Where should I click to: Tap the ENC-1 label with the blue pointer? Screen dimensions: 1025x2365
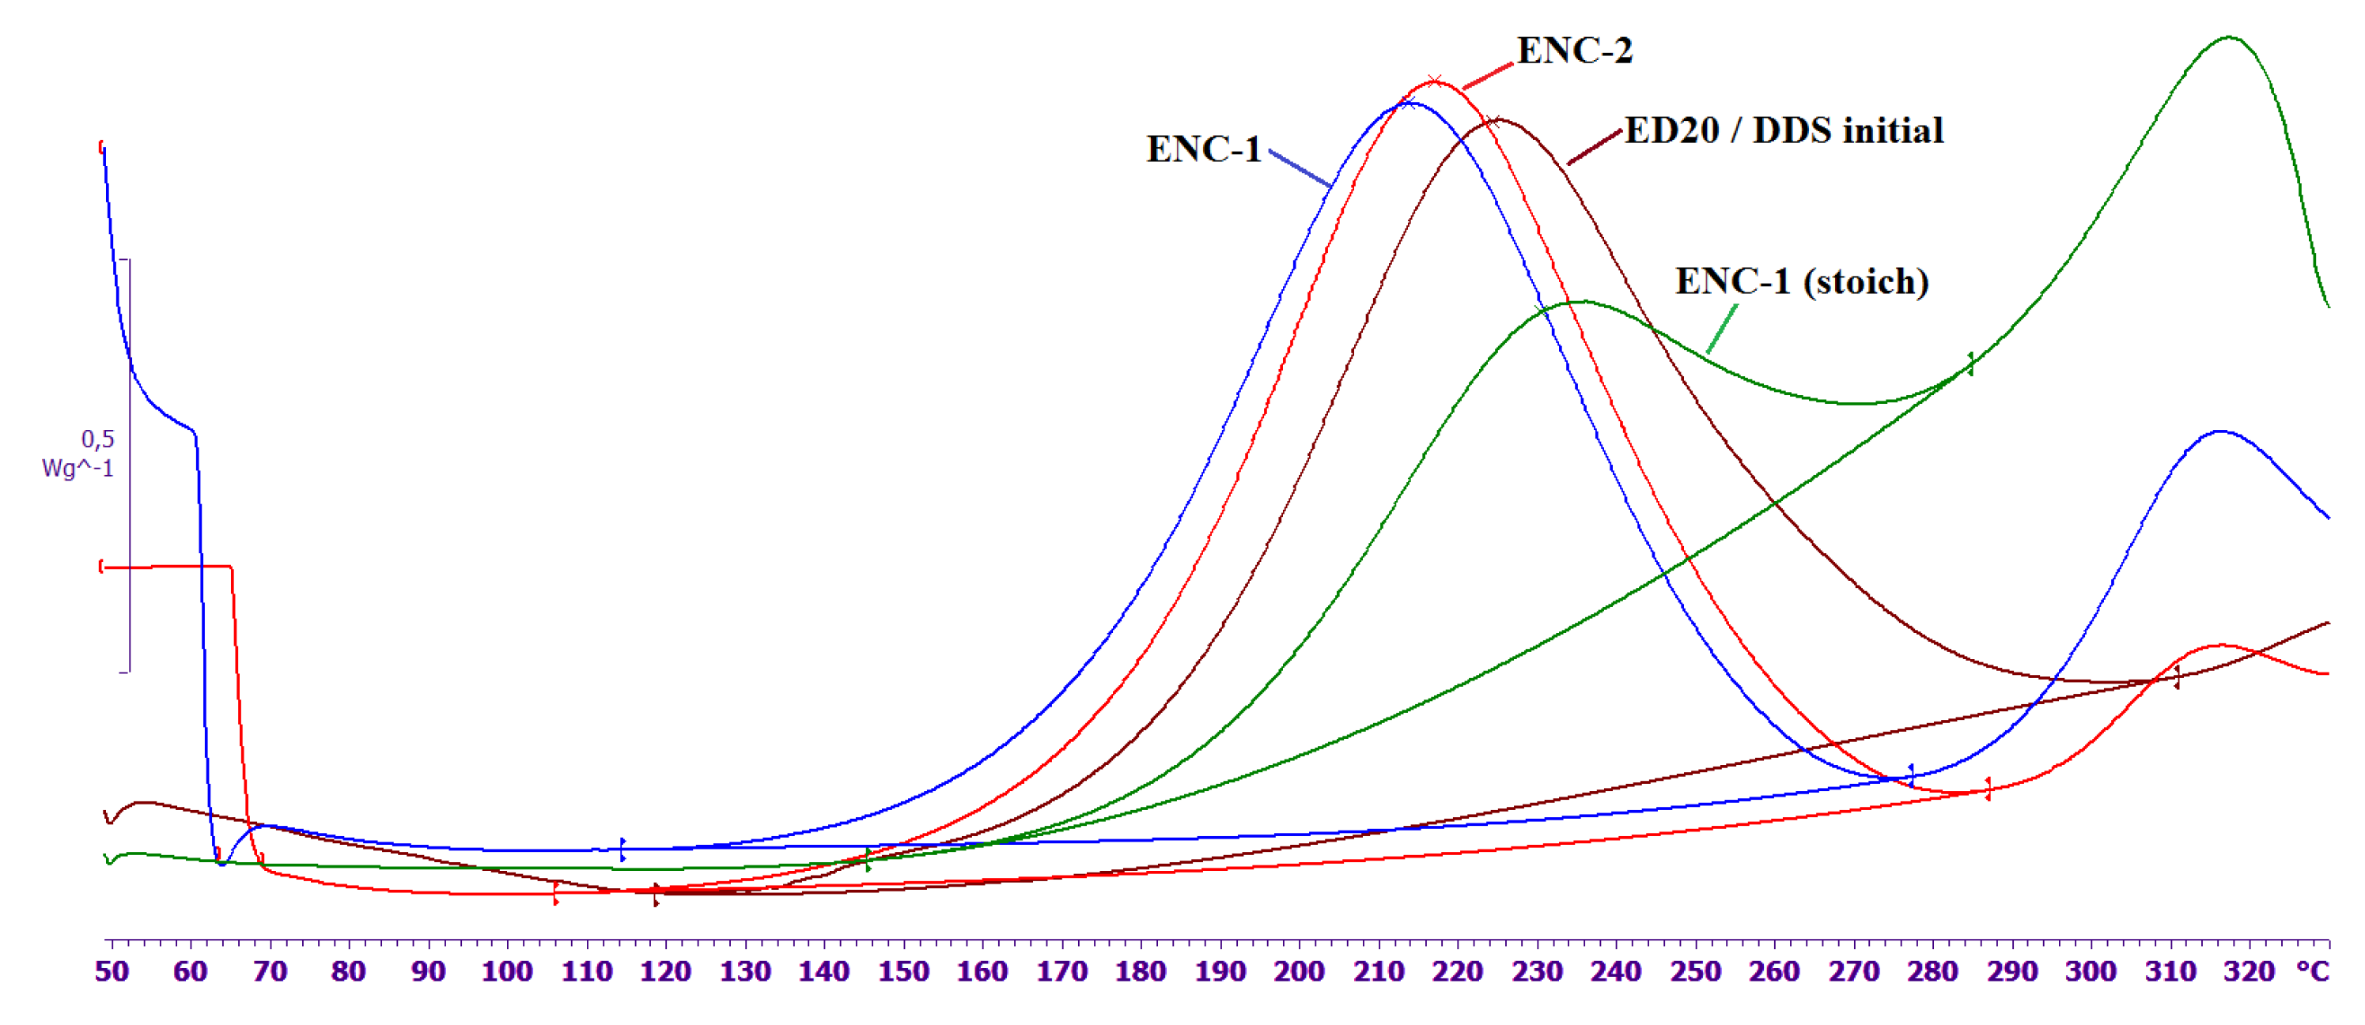[1203, 149]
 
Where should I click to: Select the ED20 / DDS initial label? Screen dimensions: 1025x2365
[1783, 131]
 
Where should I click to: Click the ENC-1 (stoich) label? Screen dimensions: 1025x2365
[1801, 281]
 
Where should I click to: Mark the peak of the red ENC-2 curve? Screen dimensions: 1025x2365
[1435, 81]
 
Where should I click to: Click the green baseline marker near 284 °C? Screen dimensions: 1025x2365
[1970, 364]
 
